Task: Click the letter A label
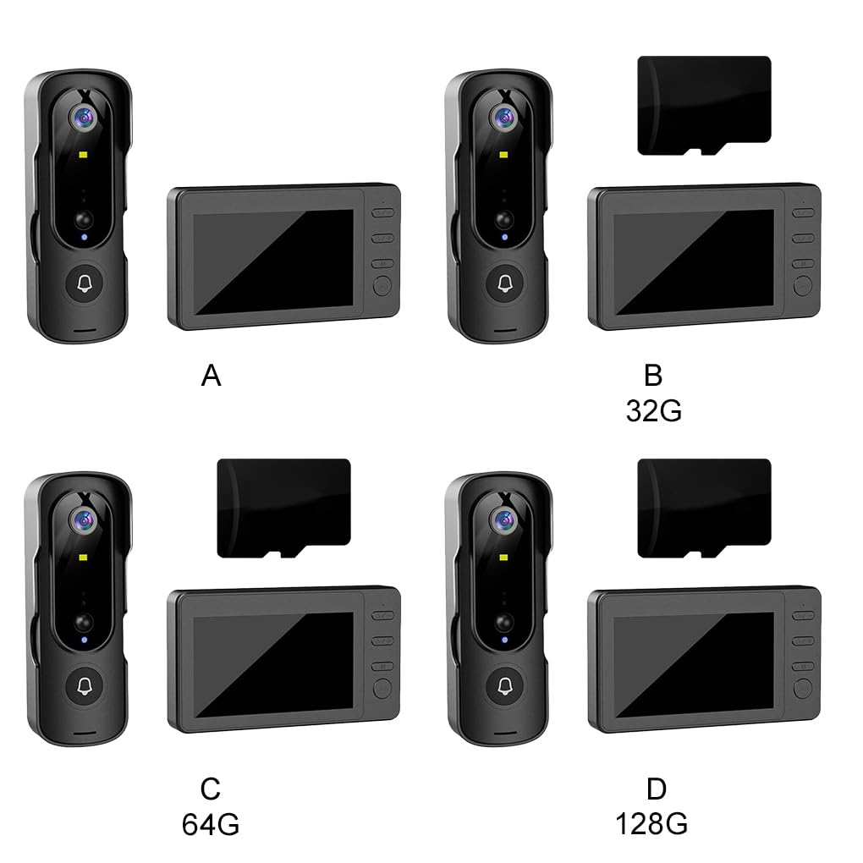(x=212, y=376)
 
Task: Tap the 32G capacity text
(x=654, y=410)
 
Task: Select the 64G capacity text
(x=211, y=824)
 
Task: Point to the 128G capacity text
(x=651, y=824)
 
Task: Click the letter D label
(x=656, y=789)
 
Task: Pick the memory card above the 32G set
(x=704, y=105)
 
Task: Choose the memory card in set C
(x=284, y=508)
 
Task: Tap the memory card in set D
(x=704, y=508)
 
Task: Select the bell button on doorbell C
(x=85, y=686)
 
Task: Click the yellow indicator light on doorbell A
(x=84, y=155)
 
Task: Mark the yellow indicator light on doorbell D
(x=504, y=558)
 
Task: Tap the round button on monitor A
(x=382, y=286)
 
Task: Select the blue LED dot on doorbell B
(x=505, y=237)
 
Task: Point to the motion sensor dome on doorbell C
(x=85, y=623)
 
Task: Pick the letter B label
(x=653, y=376)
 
